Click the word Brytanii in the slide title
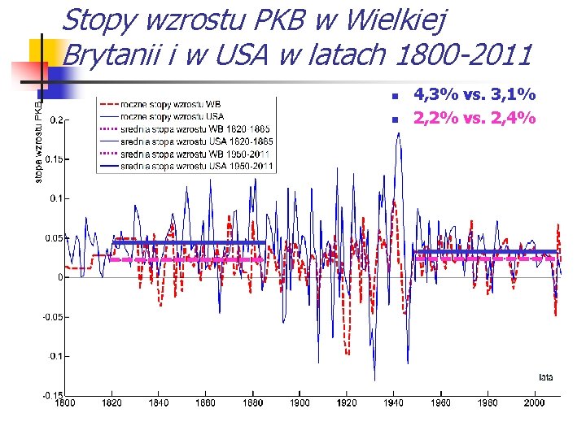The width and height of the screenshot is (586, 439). point(113,55)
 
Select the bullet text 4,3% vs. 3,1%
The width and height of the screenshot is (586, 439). point(474,96)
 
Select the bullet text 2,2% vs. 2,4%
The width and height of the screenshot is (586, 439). point(474,119)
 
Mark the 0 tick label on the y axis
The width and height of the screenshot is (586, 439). point(59,277)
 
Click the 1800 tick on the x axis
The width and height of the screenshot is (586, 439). point(65,402)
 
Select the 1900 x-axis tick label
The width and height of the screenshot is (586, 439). point(300,402)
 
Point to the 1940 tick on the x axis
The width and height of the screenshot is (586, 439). point(394,402)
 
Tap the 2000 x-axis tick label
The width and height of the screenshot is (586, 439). point(534,402)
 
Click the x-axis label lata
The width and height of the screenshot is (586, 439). point(546,376)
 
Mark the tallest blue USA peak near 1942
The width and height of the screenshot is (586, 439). point(398,134)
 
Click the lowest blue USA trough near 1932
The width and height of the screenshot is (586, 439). point(374,380)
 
